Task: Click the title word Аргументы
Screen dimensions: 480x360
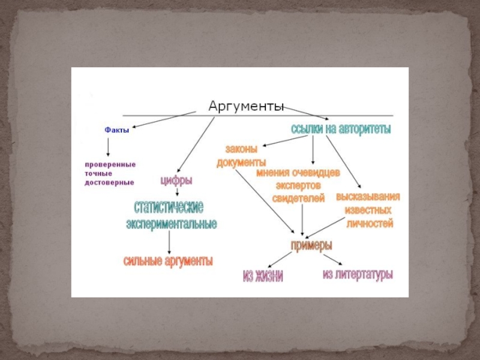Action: (246, 106)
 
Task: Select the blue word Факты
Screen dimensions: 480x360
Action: (117, 129)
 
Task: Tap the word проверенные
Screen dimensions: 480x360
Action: (110, 164)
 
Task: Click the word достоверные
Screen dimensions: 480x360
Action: (109, 182)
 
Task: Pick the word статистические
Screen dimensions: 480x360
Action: (169, 208)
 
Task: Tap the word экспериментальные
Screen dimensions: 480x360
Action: (171, 224)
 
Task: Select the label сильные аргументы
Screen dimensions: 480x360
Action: (168, 262)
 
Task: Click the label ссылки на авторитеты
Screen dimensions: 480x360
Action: (340, 128)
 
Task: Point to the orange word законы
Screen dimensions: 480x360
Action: (241, 150)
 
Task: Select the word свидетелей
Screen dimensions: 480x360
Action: (298, 199)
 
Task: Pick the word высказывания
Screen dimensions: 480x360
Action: (368, 197)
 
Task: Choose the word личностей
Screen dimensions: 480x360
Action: (370, 224)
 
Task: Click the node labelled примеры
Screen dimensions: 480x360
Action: (311, 245)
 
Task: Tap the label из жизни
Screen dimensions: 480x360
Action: (262, 276)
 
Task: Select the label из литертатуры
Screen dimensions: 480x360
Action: (358, 275)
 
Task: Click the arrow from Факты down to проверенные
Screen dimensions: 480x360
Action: (108, 147)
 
